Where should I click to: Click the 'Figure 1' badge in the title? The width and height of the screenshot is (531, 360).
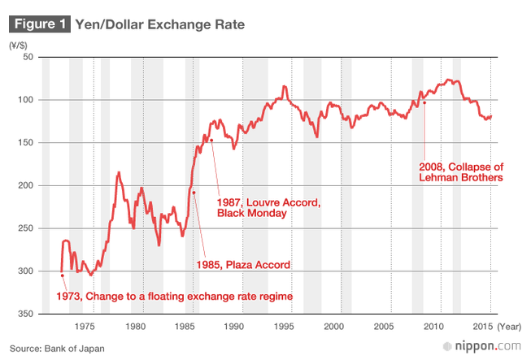(x=38, y=24)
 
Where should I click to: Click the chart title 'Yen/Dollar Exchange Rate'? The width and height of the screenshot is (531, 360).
(x=159, y=24)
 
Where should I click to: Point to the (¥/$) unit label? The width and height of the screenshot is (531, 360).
(x=20, y=46)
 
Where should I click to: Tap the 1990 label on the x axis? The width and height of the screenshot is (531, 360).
(x=234, y=326)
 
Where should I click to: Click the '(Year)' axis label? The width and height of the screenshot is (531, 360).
(x=509, y=326)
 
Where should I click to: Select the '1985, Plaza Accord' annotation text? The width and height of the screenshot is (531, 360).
(x=243, y=265)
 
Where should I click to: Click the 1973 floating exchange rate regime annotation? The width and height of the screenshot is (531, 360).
(x=174, y=297)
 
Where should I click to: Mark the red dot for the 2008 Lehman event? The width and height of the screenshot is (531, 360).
(x=424, y=103)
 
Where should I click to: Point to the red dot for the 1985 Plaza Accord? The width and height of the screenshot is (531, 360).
(x=194, y=193)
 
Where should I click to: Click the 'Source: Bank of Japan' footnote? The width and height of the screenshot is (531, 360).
(x=58, y=348)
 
